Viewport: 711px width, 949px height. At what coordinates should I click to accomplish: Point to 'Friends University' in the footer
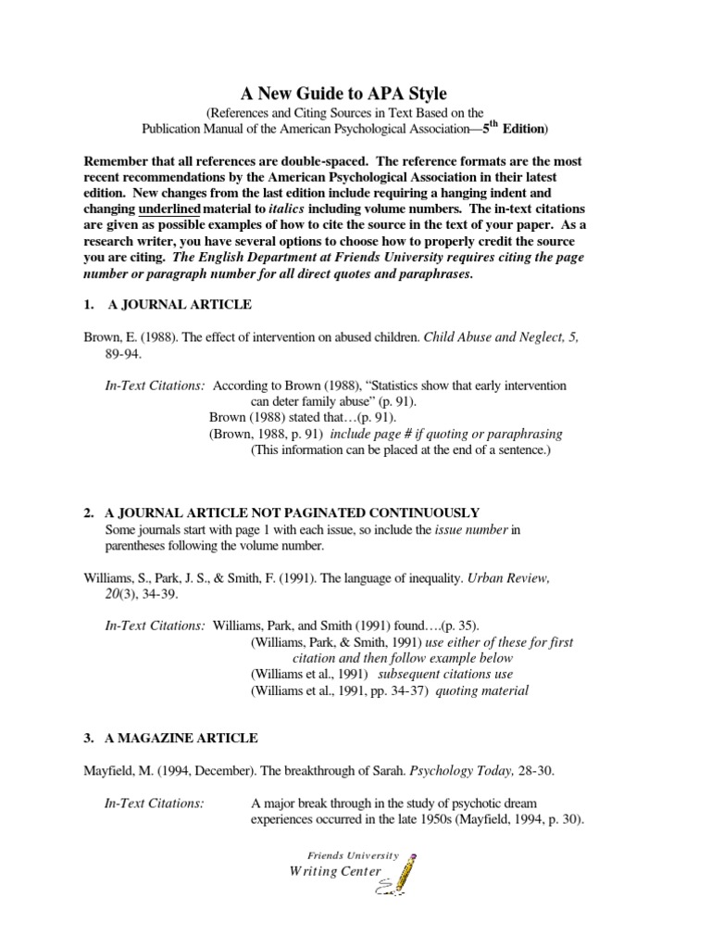355,854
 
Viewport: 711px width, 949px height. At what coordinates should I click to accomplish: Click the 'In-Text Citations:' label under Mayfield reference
154,803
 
